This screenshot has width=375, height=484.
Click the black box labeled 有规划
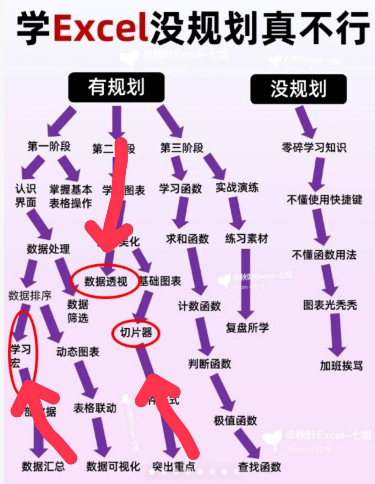click(x=116, y=88)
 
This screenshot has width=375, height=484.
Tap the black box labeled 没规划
click(x=298, y=89)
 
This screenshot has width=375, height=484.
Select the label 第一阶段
click(x=49, y=146)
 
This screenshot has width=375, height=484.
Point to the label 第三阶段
click(x=182, y=148)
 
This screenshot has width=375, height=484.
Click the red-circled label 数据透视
click(x=106, y=281)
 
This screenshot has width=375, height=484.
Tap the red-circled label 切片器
click(x=136, y=333)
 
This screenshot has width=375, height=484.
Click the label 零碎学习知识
click(x=314, y=148)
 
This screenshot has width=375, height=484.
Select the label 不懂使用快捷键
click(x=324, y=200)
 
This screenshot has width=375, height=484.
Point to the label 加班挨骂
click(x=341, y=365)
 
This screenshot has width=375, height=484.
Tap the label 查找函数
click(x=260, y=467)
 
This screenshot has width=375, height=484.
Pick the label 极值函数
click(x=235, y=421)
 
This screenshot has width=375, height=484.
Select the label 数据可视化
click(x=113, y=466)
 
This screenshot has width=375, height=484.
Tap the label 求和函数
click(x=187, y=239)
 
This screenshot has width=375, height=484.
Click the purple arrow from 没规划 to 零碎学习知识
click(x=306, y=122)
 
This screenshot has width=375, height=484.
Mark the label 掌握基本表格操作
click(x=71, y=197)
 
